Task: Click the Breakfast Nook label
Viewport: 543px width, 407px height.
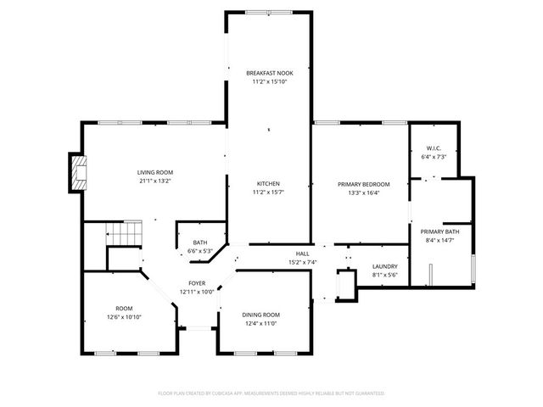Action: (269, 74)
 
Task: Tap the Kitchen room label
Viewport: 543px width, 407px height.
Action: (269, 184)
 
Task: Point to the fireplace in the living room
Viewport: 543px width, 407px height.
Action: (78, 173)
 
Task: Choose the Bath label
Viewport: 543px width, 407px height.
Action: (199, 243)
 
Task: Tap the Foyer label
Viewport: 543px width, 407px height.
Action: (197, 283)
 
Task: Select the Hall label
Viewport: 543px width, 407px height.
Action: (302, 254)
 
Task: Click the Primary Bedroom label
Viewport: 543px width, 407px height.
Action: (363, 184)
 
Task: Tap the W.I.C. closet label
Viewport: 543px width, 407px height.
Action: (434, 149)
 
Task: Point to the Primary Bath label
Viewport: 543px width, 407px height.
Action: (439, 232)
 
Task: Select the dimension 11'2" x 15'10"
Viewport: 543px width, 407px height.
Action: (269, 82)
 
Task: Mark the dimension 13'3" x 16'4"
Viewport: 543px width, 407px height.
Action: (363, 192)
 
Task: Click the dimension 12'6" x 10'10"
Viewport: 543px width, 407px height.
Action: (124, 316)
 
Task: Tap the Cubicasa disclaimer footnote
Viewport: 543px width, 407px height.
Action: (271, 393)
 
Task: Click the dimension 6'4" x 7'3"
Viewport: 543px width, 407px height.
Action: (434, 157)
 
